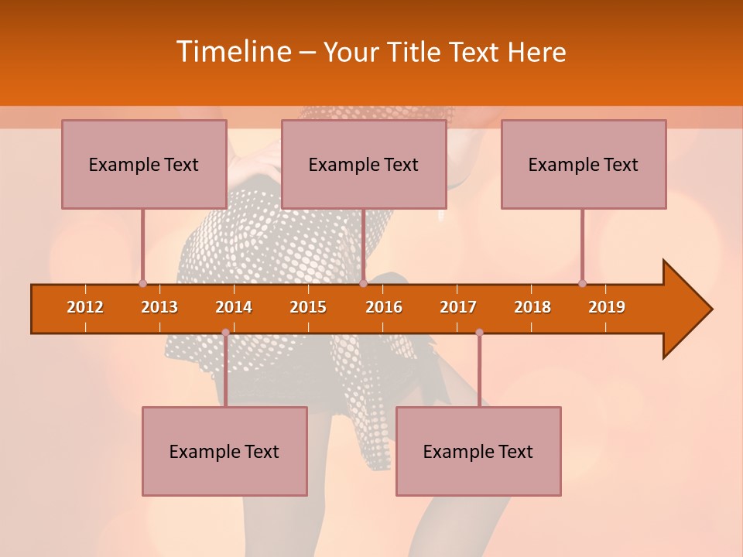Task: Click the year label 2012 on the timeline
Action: [85, 307]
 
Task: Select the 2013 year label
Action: [159, 307]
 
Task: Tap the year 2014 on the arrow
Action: [234, 307]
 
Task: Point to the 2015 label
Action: [308, 307]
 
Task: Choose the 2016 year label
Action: [384, 307]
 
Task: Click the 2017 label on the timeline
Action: [458, 307]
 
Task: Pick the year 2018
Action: [532, 307]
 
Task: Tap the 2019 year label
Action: [607, 307]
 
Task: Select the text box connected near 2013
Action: [144, 164]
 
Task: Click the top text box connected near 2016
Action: [364, 164]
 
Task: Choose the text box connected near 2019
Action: [584, 164]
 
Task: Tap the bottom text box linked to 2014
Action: [224, 451]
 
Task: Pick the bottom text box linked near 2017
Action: [478, 451]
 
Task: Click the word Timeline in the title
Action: [233, 52]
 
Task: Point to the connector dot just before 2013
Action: [142, 283]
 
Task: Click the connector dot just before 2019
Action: [582, 283]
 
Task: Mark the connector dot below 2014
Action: [225, 333]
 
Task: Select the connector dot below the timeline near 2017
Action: [479, 333]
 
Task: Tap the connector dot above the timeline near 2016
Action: [363, 283]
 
